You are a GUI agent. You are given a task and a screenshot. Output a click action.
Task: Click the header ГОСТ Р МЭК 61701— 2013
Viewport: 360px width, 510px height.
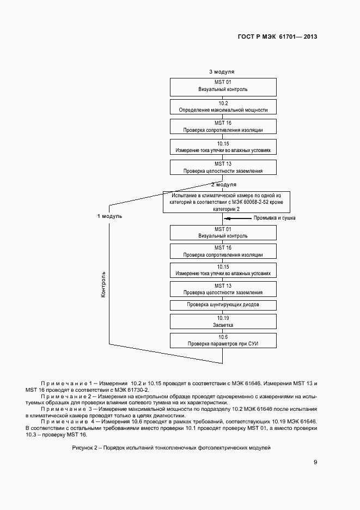(x=278, y=37)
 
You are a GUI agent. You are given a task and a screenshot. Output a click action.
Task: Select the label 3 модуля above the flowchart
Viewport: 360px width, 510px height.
(x=222, y=72)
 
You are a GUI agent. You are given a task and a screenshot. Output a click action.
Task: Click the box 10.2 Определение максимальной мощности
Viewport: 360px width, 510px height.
(x=223, y=106)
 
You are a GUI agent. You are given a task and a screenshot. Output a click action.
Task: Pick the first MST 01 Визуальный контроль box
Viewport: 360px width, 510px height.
(x=223, y=86)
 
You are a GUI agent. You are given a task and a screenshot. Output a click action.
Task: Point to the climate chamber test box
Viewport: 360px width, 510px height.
(x=226, y=202)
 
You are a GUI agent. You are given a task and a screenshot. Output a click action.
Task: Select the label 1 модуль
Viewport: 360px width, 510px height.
(x=109, y=216)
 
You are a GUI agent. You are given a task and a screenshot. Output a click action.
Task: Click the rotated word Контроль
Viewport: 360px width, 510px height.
(x=103, y=283)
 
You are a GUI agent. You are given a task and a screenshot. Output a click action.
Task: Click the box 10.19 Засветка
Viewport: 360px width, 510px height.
(x=223, y=320)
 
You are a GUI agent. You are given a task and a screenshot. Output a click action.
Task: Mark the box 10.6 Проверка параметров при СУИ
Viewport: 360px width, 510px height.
(x=223, y=341)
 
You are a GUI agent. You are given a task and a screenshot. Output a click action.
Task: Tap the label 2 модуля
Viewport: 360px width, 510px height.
(x=223, y=185)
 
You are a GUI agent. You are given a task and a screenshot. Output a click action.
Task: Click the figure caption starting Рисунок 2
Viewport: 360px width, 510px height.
(x=171, y=447)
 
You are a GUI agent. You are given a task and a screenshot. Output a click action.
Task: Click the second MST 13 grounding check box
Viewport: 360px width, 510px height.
(x=223, y=288)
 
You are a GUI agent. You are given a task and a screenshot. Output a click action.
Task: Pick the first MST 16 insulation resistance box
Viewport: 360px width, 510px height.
(x=223, y=126)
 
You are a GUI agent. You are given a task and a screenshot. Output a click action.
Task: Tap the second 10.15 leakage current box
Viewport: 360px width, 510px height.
(x=223, y=270)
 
